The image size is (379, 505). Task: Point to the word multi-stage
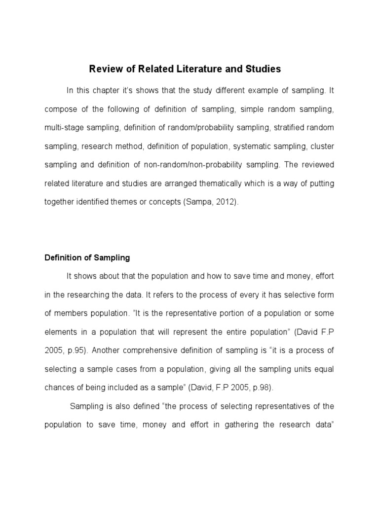tap(62, 128)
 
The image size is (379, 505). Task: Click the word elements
tap(61, 332)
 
